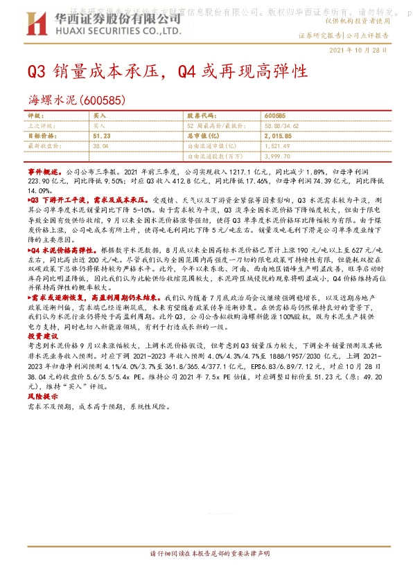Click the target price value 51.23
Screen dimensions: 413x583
pyautogui.click(x=102, y=137)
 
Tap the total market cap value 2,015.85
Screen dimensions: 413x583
pyautogui.click(x=279, y=137)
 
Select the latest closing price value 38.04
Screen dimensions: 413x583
pyautogui.click(x=100, y=147)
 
